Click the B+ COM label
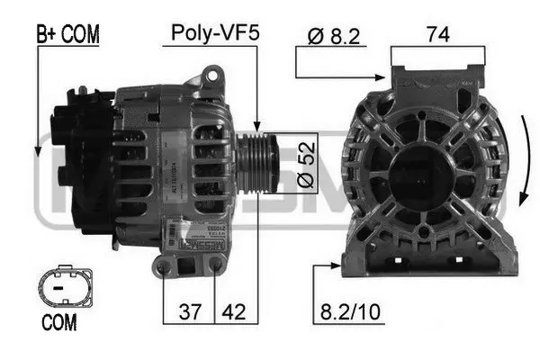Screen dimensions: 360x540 pos(67,35)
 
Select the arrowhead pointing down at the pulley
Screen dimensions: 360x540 pos(258,130)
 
